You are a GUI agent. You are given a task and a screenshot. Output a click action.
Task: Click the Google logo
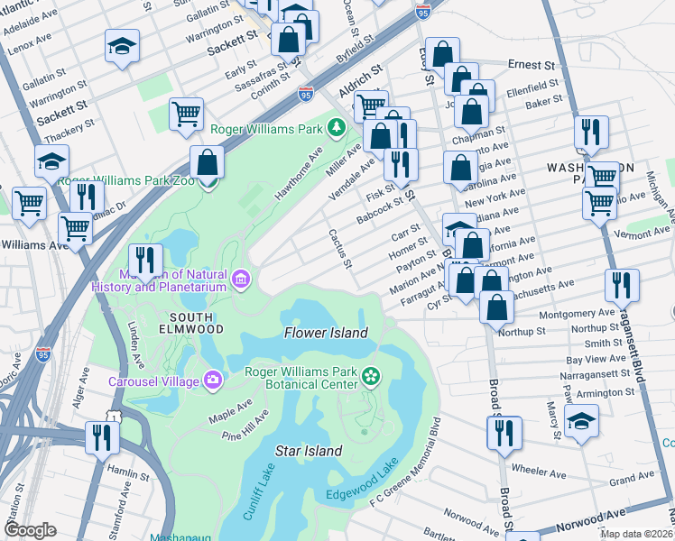tap(30, 530)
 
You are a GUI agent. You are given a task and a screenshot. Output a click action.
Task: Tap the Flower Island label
tap(326, 333)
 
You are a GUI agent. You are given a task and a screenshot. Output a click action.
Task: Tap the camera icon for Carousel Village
tap(212, 379)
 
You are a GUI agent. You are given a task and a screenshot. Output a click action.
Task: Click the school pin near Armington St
tap(581, 421)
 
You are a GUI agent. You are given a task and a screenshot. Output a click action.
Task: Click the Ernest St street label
tap(530, 65)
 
